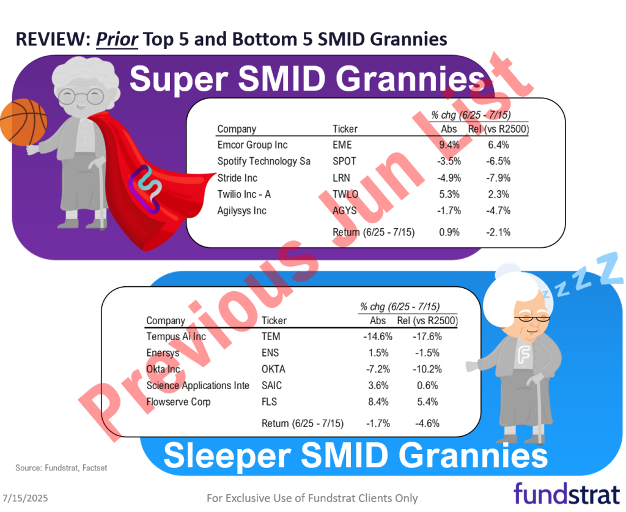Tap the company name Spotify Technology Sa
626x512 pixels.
pos(264,161)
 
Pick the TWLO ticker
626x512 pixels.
pos(346,195)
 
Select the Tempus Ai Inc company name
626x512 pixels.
pos(176,336)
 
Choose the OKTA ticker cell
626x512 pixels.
pos(273,369)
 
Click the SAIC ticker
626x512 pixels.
pos(272,385)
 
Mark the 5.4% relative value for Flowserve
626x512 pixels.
pos(425,402)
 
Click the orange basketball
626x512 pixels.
pos(23,121)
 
